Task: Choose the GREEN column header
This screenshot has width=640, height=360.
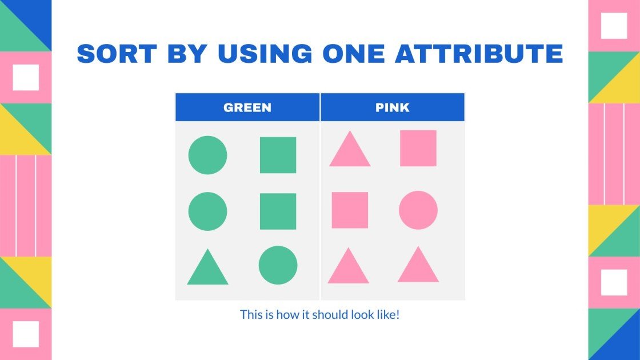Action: [247, 107]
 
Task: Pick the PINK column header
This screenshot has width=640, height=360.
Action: [393, 107]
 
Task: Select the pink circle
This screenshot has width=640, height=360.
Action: [418, 210]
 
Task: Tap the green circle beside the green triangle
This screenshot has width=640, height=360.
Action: [278, 265]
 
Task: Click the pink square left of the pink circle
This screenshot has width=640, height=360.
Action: [350, 210]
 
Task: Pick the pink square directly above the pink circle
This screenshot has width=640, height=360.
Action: [418, 148]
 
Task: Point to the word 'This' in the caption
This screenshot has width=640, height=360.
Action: [250, 314]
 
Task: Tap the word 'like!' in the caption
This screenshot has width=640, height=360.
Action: [386, 314]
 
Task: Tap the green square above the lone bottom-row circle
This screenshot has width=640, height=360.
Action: [278, 211]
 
